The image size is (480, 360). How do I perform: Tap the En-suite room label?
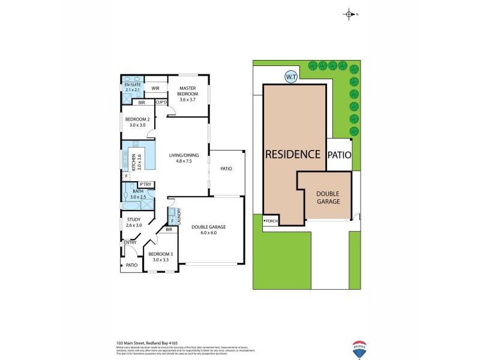pyautogui.click(x=132, y=87)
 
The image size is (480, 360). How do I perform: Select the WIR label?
pyautogui.click(x=155, y=88)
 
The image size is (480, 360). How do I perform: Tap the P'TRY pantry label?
pyautogui.click(x=145, y=184)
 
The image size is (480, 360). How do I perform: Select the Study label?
pyautogui.click(x=133, y=223)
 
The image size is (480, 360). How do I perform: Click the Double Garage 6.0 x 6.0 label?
pyautogui.click(x=208, y=230)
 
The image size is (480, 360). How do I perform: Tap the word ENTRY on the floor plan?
pyautogui.click(x=130, y=242)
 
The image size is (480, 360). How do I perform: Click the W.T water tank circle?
pyautogui.click(x=291, y=77)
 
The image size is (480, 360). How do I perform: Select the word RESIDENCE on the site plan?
pyautogui.click(x=293, y=154)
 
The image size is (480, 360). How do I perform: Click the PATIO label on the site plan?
pyautogui.click(x=340, y=155)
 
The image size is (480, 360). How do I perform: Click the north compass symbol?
pyautogui.click(x=349, y=14)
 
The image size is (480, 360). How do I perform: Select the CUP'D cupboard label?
pyautogui.click(x=161, y=102)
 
